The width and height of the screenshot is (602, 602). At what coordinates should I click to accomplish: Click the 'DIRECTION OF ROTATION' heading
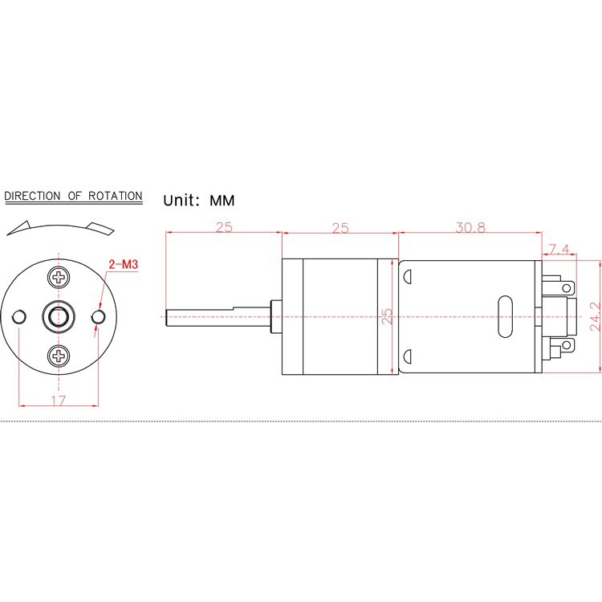[x=73, y=196]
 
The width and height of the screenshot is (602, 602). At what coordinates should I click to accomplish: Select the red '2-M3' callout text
[x=122, y=262]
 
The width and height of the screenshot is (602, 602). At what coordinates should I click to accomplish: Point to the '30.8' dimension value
[x=470, y=227]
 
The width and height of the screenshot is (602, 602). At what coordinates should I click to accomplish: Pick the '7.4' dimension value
[x=559, y=249]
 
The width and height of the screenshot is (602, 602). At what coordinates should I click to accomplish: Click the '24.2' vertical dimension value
[x=594, y=317]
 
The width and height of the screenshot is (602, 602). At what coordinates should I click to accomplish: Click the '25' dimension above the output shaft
[x=223, y=227]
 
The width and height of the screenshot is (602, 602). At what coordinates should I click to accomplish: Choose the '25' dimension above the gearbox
[x=340, y=227]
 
